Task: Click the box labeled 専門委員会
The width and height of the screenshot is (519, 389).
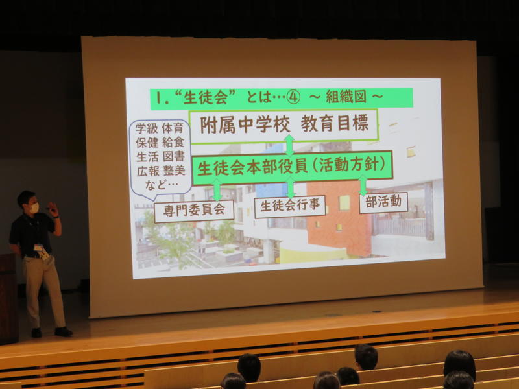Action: click(x=194, y=211)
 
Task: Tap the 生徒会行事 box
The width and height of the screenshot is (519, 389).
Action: click(x=290, y=206)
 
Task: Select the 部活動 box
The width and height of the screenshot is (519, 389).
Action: click(x=383, y=202)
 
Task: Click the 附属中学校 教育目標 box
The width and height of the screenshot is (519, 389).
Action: click(x=284, y=126)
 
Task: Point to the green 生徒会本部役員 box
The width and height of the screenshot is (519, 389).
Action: click(x=291, y=167)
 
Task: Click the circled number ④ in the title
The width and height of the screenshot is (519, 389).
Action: click(x=293, y=98)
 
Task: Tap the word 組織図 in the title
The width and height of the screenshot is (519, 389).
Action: click(x=346, y=97)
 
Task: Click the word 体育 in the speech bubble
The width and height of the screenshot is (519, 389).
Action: click(x=173, y=128)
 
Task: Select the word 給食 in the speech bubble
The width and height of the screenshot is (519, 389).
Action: click(x=173, y=143)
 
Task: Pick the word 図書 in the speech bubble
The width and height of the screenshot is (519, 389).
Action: click(x=173, y=157)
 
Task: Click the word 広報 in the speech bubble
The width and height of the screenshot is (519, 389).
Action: click(x=148, y=171)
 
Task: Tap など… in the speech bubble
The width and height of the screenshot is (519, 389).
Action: click(x=162, y=185)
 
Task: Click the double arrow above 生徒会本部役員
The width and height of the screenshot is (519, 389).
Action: click(x=289, y=145)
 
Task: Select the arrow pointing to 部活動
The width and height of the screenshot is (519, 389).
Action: click(x=363, y=185)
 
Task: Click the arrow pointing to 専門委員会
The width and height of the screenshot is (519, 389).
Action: click(x=217, y=190)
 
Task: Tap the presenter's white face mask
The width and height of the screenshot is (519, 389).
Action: click(x=34, y=208)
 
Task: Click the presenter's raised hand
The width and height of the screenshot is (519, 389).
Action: click(x=53, y=208)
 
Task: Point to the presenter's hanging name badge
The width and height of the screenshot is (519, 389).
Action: click(x=42, y=251)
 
